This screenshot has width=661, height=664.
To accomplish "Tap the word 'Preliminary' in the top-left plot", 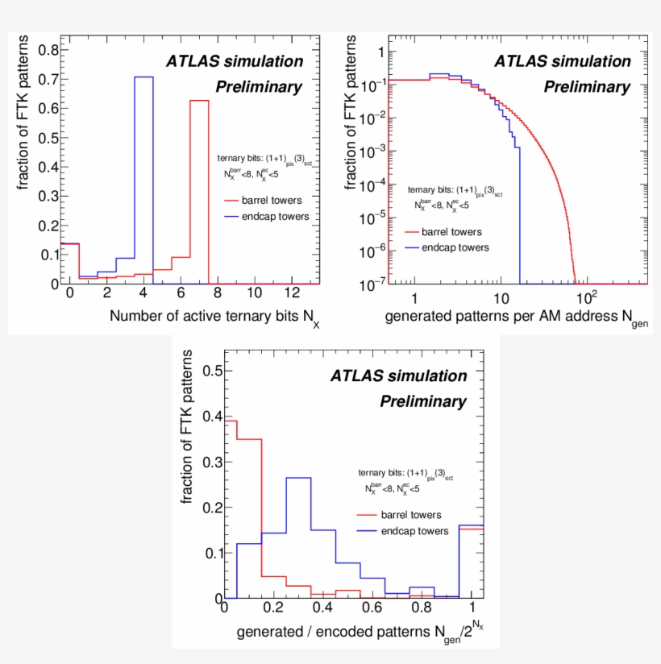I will point(258,87).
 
